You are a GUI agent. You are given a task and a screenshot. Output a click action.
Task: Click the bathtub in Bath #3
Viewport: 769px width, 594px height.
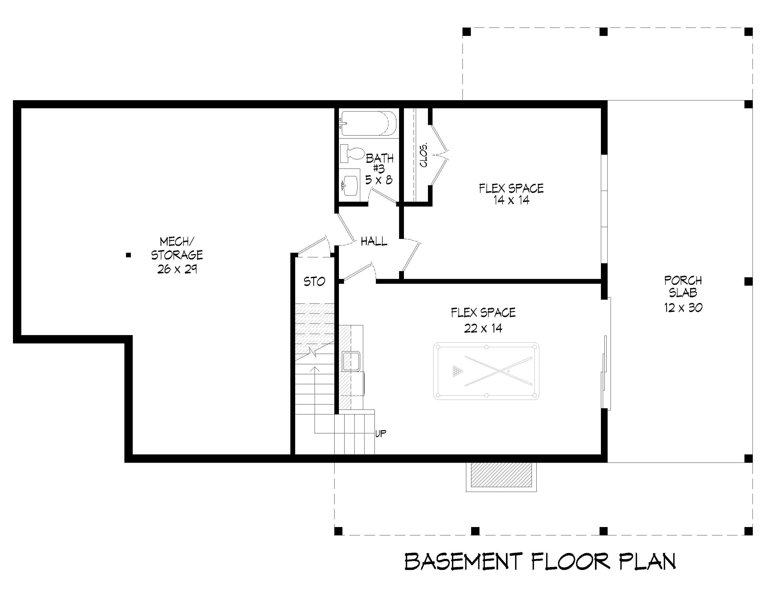pos(368,123)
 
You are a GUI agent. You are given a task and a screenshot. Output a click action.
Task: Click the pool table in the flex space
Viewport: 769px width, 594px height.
pos(486,371)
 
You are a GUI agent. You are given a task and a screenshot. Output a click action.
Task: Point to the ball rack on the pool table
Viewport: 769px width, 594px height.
pos(457,371)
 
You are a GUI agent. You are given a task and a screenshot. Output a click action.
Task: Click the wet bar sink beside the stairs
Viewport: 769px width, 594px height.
pos(351,361)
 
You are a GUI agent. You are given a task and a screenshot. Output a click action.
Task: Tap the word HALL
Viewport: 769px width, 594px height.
pos(374,241)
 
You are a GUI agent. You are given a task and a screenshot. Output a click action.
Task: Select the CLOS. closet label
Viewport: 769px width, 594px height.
pos(424,155)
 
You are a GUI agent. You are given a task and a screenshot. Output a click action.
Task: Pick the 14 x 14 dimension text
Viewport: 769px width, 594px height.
pos(511,200)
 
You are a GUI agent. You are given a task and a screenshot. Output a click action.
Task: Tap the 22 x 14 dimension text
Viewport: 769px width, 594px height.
pos(483,328)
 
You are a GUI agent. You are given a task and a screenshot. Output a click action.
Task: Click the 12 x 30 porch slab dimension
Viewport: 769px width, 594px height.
pos(683,308)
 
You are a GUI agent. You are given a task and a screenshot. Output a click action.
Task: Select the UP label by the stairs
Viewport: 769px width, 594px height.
pos(381,433)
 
